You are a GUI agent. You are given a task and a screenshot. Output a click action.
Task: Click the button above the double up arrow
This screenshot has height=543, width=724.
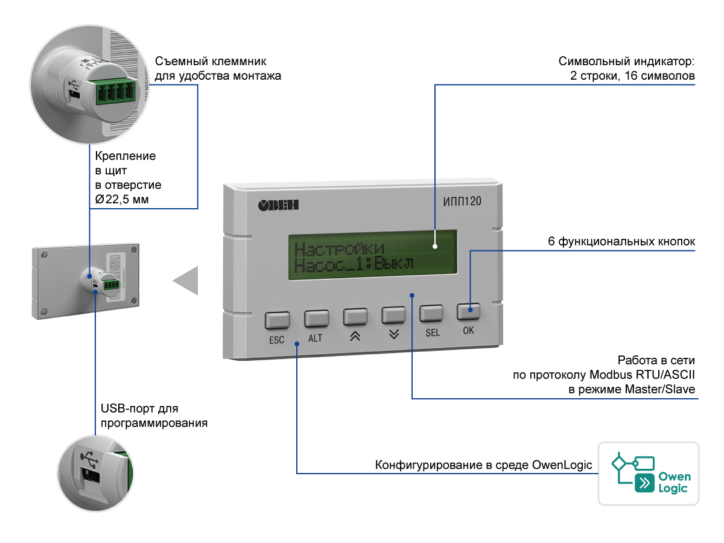click(x=355, y=316)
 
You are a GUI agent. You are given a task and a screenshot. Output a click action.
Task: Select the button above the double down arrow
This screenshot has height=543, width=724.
click(x=393, y=315)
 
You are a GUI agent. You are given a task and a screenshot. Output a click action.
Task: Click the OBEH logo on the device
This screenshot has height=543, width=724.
click(x=279, y=205)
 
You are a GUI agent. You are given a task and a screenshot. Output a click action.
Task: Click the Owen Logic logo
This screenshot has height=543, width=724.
click(x=649, y=474)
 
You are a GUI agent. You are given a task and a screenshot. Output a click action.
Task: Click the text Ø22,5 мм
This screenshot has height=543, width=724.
click(x=122, y=200)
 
